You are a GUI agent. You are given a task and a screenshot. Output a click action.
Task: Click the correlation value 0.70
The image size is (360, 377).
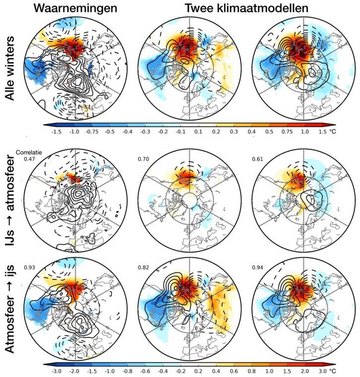tap(142, 159)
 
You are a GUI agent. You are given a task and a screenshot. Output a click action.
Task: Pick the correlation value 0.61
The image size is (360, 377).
tap(260, 159)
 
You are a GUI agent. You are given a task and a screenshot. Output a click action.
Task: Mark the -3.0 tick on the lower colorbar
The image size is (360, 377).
tap(49, 370)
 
